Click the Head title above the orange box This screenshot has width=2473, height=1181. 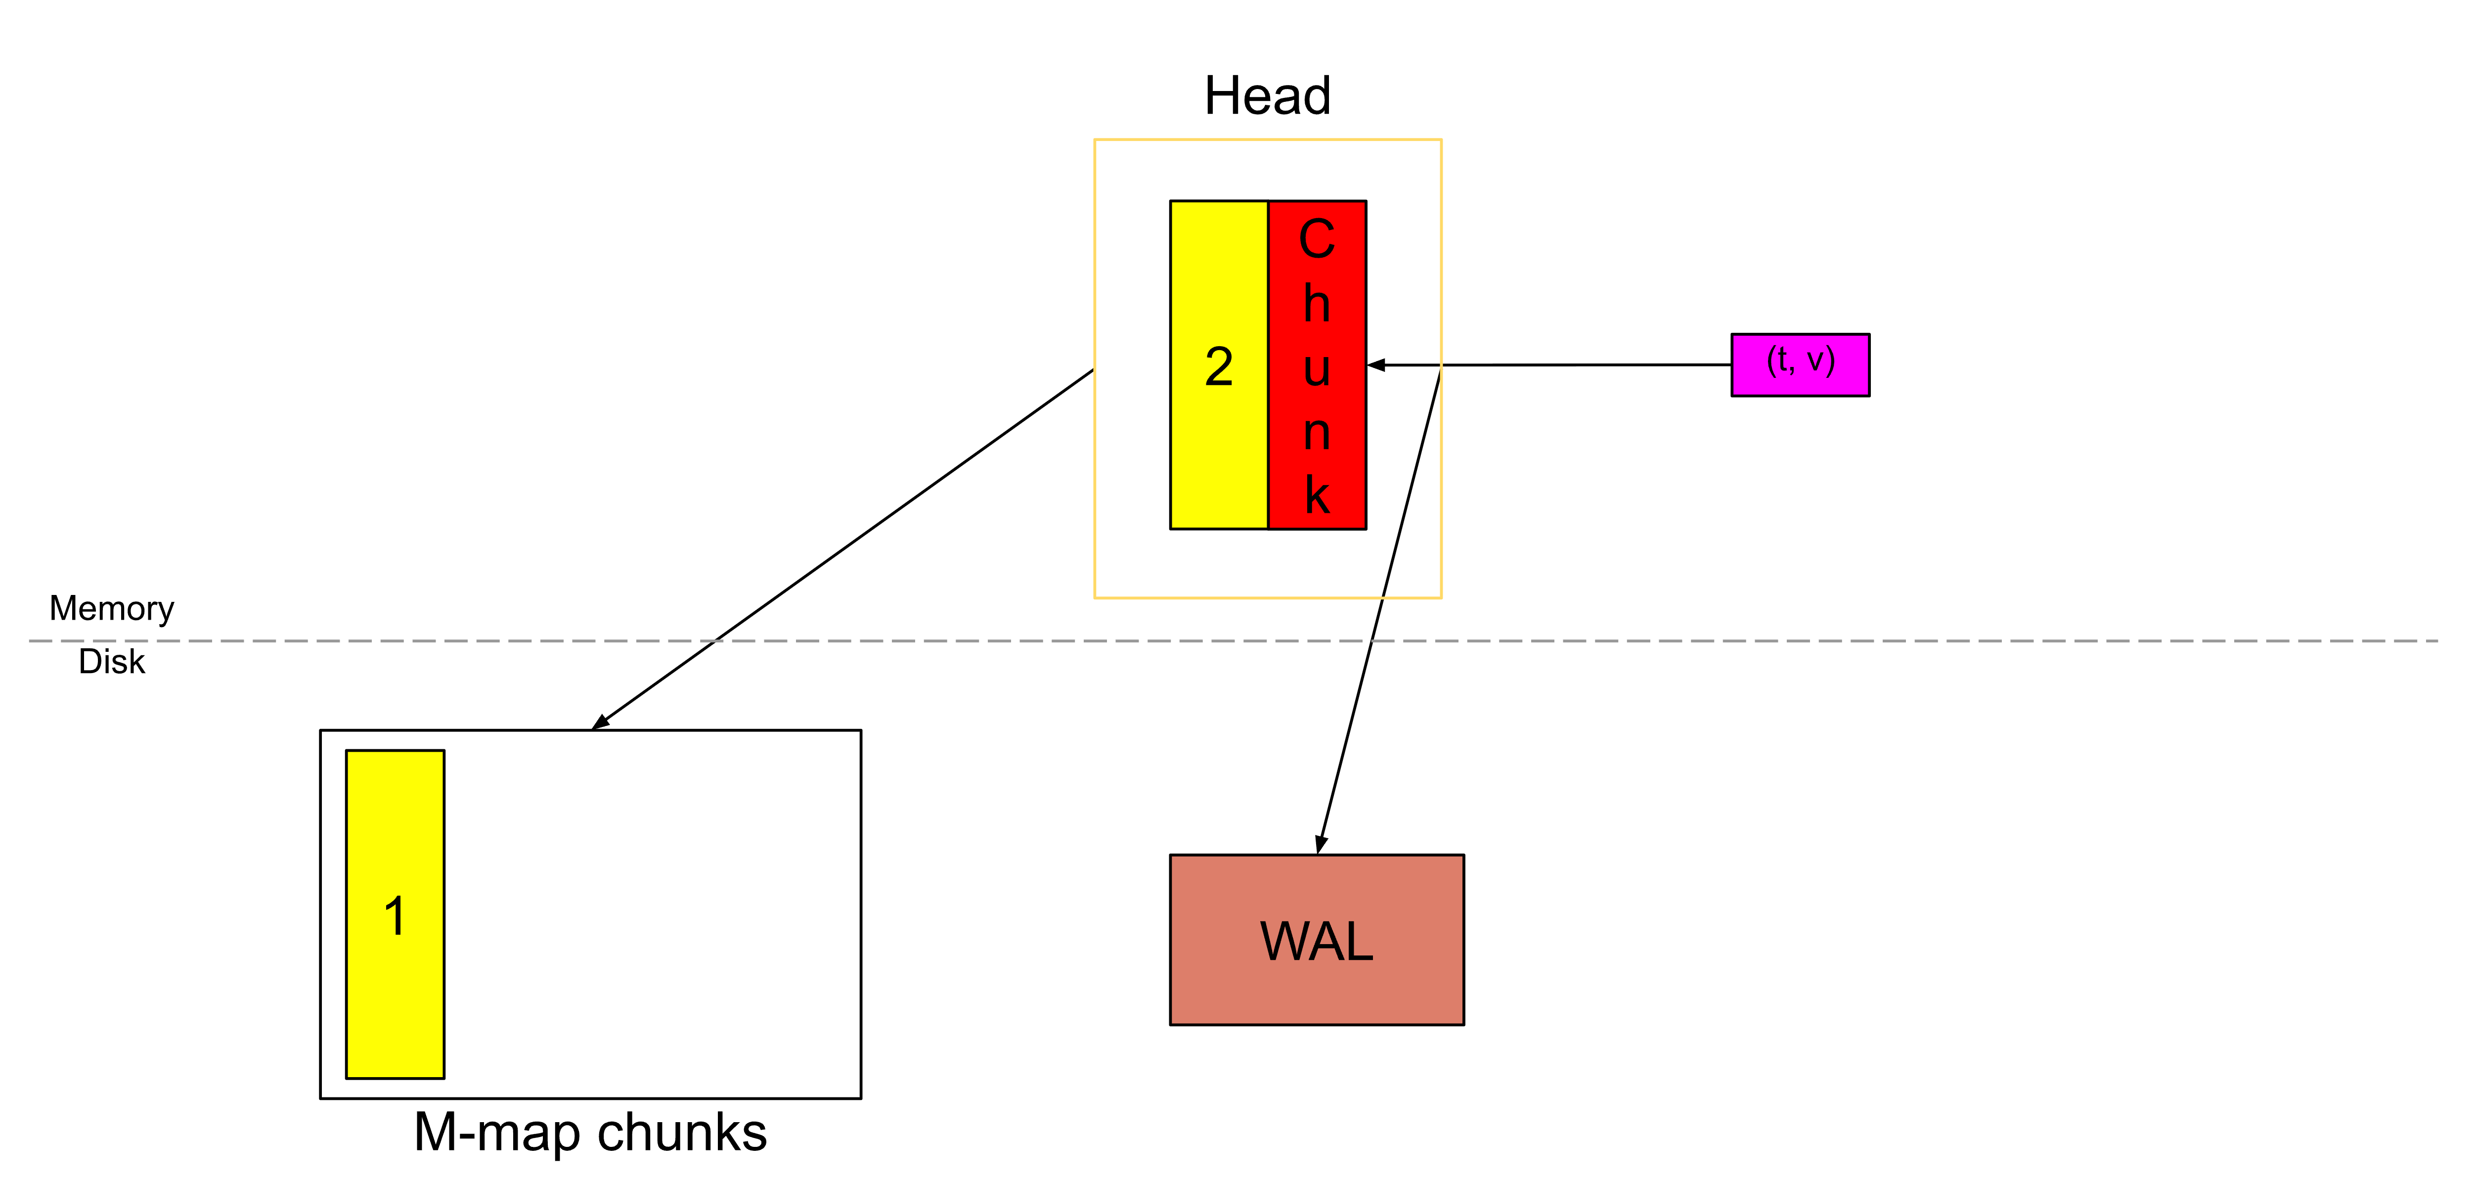1267,96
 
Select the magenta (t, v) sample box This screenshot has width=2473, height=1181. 1800,365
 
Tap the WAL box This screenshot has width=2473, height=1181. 1316,999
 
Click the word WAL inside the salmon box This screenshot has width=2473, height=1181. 1316,941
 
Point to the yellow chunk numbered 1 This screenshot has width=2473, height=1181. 395,1008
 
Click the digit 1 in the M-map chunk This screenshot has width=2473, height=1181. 395,916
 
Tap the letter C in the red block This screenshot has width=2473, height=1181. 1317,239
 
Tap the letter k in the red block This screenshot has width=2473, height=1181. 1317,496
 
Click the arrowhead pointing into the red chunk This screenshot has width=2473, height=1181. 1376,365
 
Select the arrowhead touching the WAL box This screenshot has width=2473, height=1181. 1321,844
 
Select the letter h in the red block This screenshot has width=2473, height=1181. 1317,304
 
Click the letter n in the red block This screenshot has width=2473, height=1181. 1317,433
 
